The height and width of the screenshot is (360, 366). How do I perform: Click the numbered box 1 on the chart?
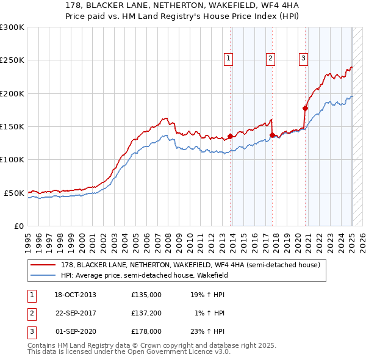click(x=228, y=59)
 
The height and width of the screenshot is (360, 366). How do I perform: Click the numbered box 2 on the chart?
click(x=270, y=59)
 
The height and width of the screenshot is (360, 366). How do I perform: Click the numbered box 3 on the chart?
click(x=303, y=59)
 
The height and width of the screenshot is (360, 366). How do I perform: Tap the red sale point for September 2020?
click(x=306, y=108)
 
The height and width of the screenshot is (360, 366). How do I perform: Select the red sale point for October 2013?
click(x=230, y=137)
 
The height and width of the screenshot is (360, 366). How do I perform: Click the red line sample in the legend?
click(x=43, y=265)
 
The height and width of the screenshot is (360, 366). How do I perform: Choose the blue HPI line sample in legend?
click(x=43, y=275)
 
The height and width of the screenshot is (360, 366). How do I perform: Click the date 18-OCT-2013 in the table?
click(x=75, y=295)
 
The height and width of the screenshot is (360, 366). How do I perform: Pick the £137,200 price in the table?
click(x=146, y=313)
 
